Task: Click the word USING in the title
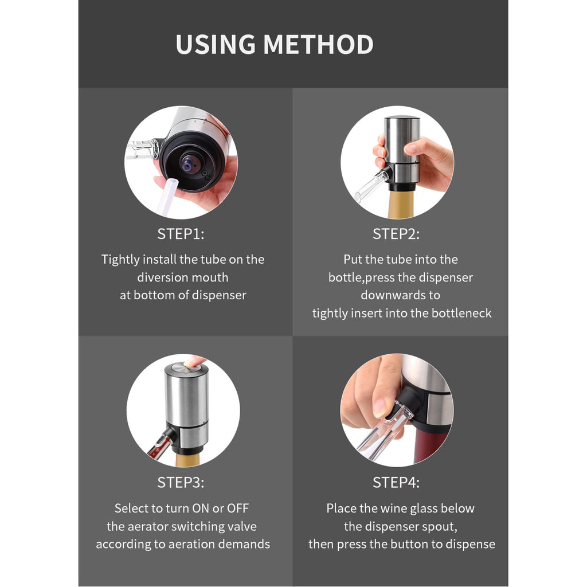click(216, 45)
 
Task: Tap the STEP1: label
click(181, 234)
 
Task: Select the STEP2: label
click(396, 234)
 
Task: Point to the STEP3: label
click(181, 483)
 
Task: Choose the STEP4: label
click(396, 483)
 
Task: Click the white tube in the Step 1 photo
click(166, 198)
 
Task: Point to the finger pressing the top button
click(195, 361)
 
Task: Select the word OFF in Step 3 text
click(238, 508)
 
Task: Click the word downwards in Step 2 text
click(400, 295)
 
